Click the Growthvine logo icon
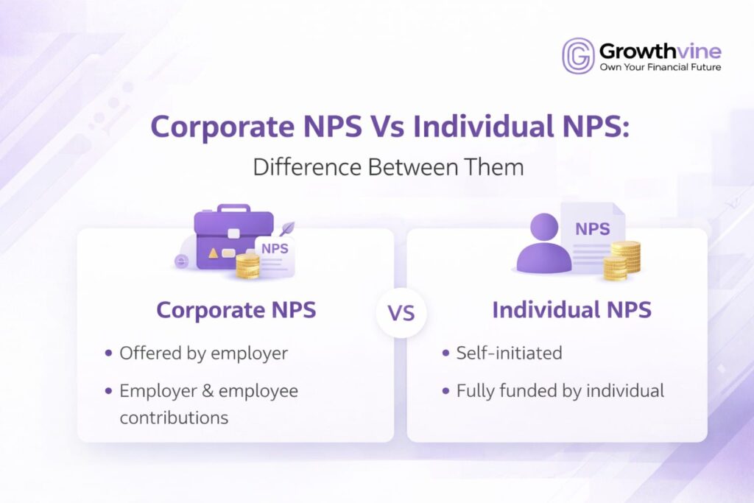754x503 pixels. coord(578,56)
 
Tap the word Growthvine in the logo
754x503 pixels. coord(659,51)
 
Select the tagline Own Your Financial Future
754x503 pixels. coord(660,67)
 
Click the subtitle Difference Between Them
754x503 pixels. coord(388,166)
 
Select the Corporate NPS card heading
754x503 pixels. coord(236,309)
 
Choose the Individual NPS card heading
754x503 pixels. coord(571,309)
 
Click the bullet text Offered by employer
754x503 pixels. coord(203,353)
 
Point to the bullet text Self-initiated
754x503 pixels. coord(509,353)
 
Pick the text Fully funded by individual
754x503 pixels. coord(560,390)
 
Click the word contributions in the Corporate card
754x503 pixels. coord(174,418)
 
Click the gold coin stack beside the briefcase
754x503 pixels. coord(248,266)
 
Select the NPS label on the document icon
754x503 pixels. coord(592,229)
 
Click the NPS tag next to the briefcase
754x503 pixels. coord(274,249)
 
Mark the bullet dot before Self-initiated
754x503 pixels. coord(445,353)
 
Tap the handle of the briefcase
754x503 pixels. coord(233,209)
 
